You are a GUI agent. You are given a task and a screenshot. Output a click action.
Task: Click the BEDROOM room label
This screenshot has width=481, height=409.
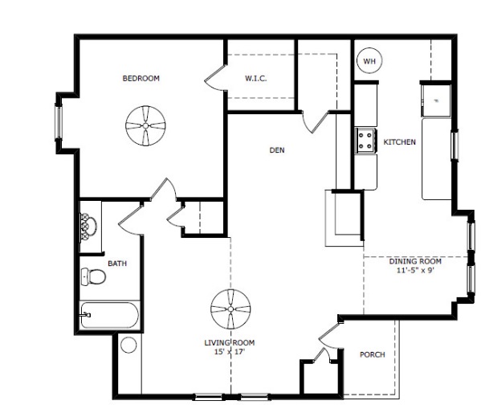click(141, 78)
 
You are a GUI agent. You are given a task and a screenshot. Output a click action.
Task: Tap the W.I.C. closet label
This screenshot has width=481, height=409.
click(256, 78)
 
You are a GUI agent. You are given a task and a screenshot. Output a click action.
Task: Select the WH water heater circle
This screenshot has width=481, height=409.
click(369, 60)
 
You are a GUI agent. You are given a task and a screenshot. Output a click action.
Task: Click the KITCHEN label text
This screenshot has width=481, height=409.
click(400, 142)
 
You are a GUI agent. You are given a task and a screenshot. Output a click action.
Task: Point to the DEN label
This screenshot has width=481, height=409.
click(277, 150)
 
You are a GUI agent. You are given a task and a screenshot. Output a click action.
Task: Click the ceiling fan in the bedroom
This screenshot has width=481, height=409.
click(145, 125)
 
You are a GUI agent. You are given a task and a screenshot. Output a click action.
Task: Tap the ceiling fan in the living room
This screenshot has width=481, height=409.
click(230, 309)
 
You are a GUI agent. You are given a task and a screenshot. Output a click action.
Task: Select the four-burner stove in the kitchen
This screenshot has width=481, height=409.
click(365, 140)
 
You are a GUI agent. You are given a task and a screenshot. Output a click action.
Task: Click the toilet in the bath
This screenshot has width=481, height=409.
click(93, 276)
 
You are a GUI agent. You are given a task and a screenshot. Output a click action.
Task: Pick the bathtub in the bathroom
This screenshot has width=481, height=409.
click(109, 315)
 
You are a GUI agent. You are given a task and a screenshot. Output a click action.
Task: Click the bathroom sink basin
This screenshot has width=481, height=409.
click(88, 227)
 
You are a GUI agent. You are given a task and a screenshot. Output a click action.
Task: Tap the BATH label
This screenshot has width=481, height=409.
click(117, 264)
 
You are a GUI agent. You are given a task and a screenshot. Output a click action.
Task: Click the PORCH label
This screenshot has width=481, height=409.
click(373, 354)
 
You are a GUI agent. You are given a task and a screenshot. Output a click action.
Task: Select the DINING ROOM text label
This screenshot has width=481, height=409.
click(415, 261)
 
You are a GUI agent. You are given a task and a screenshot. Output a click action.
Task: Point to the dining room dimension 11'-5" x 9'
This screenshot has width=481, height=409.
click(415, 271)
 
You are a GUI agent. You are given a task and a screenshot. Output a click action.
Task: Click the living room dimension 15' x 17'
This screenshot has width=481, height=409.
click(230, 352)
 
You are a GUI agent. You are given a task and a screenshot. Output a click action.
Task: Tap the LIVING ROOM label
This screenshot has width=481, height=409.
click(230, 342)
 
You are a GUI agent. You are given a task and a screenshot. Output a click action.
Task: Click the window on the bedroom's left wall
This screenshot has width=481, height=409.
click(59, 122)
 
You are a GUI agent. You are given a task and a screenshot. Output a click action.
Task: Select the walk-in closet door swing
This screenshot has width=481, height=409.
click(216, 78)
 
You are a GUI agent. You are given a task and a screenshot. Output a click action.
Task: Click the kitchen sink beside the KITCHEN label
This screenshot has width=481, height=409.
click(435, 101)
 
